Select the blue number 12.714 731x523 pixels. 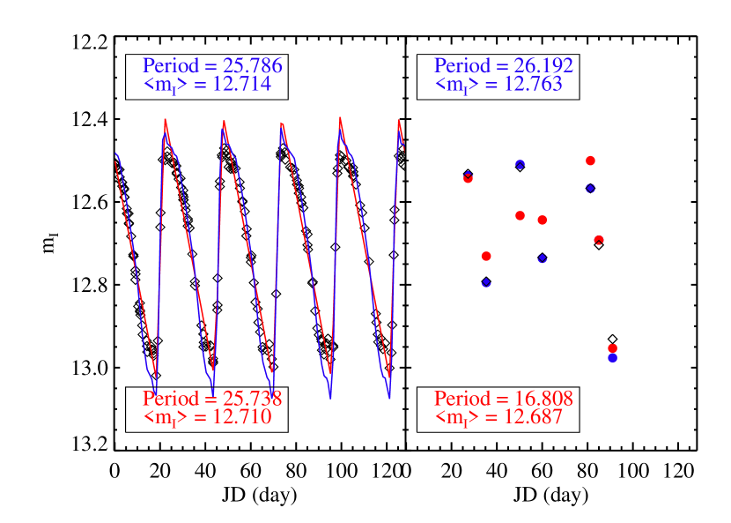click(240, 85)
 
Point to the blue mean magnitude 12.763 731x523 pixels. click(531, 85)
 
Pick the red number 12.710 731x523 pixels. click(240, 417)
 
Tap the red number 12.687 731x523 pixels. click(531, 417)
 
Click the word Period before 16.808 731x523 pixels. click(462, 399)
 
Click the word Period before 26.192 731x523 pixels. click(462, 66)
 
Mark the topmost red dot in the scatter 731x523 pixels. click(590, 161)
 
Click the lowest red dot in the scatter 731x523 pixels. click(612, 347)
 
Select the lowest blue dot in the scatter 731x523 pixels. click(612, 358)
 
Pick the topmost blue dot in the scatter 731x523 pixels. click(520, 164)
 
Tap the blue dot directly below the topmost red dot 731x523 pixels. click(590, 188)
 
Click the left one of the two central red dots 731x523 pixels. click(520, 215)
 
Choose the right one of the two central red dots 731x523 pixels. click(543, 220)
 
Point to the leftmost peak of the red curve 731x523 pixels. click(166, 119)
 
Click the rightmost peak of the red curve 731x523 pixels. click(399, 121)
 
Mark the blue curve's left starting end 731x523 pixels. click(115, 153)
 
